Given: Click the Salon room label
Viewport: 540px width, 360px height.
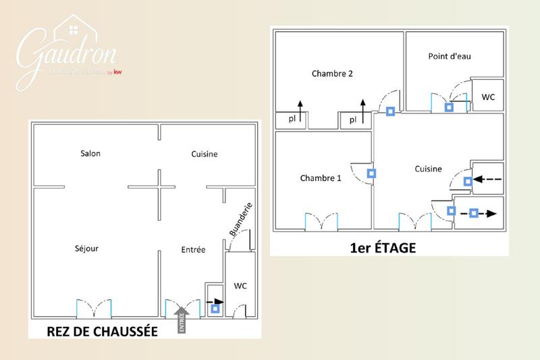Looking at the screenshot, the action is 90,154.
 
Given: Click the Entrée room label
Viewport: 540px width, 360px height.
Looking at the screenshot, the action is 193,250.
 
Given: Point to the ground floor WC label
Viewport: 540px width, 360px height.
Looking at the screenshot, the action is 240,286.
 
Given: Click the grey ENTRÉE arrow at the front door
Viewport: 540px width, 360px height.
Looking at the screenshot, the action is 182,319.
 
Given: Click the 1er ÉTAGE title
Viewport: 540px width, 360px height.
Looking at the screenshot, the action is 383,249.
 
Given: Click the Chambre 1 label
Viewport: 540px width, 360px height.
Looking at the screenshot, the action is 321,178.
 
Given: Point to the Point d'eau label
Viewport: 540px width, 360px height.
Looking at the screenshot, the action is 449,56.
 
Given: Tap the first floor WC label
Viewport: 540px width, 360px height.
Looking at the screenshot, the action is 488,97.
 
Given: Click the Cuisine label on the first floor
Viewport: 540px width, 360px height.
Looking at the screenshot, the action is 428,170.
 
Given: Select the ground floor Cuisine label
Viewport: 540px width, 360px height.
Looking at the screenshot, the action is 204,154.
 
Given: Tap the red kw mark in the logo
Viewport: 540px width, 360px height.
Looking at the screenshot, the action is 117,72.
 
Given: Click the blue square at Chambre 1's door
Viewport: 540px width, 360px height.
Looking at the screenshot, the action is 371,174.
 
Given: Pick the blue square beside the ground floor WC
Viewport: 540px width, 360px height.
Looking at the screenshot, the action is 215,309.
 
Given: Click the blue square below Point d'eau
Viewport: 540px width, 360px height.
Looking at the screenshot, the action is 449,107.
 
